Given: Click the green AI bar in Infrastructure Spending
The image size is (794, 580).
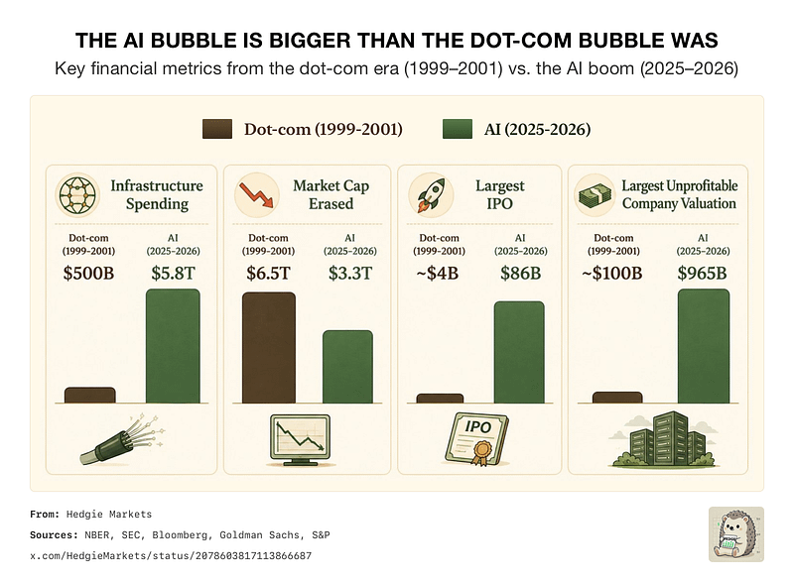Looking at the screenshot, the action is (x=173, y=346).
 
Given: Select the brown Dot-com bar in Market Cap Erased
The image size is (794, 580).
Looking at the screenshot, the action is (x=269, y=347).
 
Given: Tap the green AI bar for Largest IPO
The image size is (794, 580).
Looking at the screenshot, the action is (x=519, y=352).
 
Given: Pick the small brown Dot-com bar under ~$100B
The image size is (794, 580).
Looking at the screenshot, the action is (x=617, y=398).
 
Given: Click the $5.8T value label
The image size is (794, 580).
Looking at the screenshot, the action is (x=173, y=273).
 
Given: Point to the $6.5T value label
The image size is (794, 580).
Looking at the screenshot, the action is (x=268, y=273).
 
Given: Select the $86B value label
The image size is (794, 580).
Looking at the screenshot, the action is (x=520, y=273).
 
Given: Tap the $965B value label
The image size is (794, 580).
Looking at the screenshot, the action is (x=703, y=273).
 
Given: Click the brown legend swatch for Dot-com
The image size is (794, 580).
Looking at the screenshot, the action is (x=217, y=129).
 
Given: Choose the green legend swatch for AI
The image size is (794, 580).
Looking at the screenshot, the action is (x=458, y=129).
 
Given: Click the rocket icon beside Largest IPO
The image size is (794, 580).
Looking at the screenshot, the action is (x=431, y=194).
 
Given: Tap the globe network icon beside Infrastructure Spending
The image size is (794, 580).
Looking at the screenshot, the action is (x=77, y=194).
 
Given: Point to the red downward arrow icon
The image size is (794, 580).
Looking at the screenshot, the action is (x=256, y=195).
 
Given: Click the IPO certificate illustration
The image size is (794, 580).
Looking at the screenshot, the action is (x=476, y=439).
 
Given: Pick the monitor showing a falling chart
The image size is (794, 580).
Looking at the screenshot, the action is (x=300, y=439).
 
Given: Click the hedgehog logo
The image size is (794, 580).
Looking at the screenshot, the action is (x=736, y=534).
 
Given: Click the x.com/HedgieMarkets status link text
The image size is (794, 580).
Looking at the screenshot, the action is (x=171, y=556).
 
